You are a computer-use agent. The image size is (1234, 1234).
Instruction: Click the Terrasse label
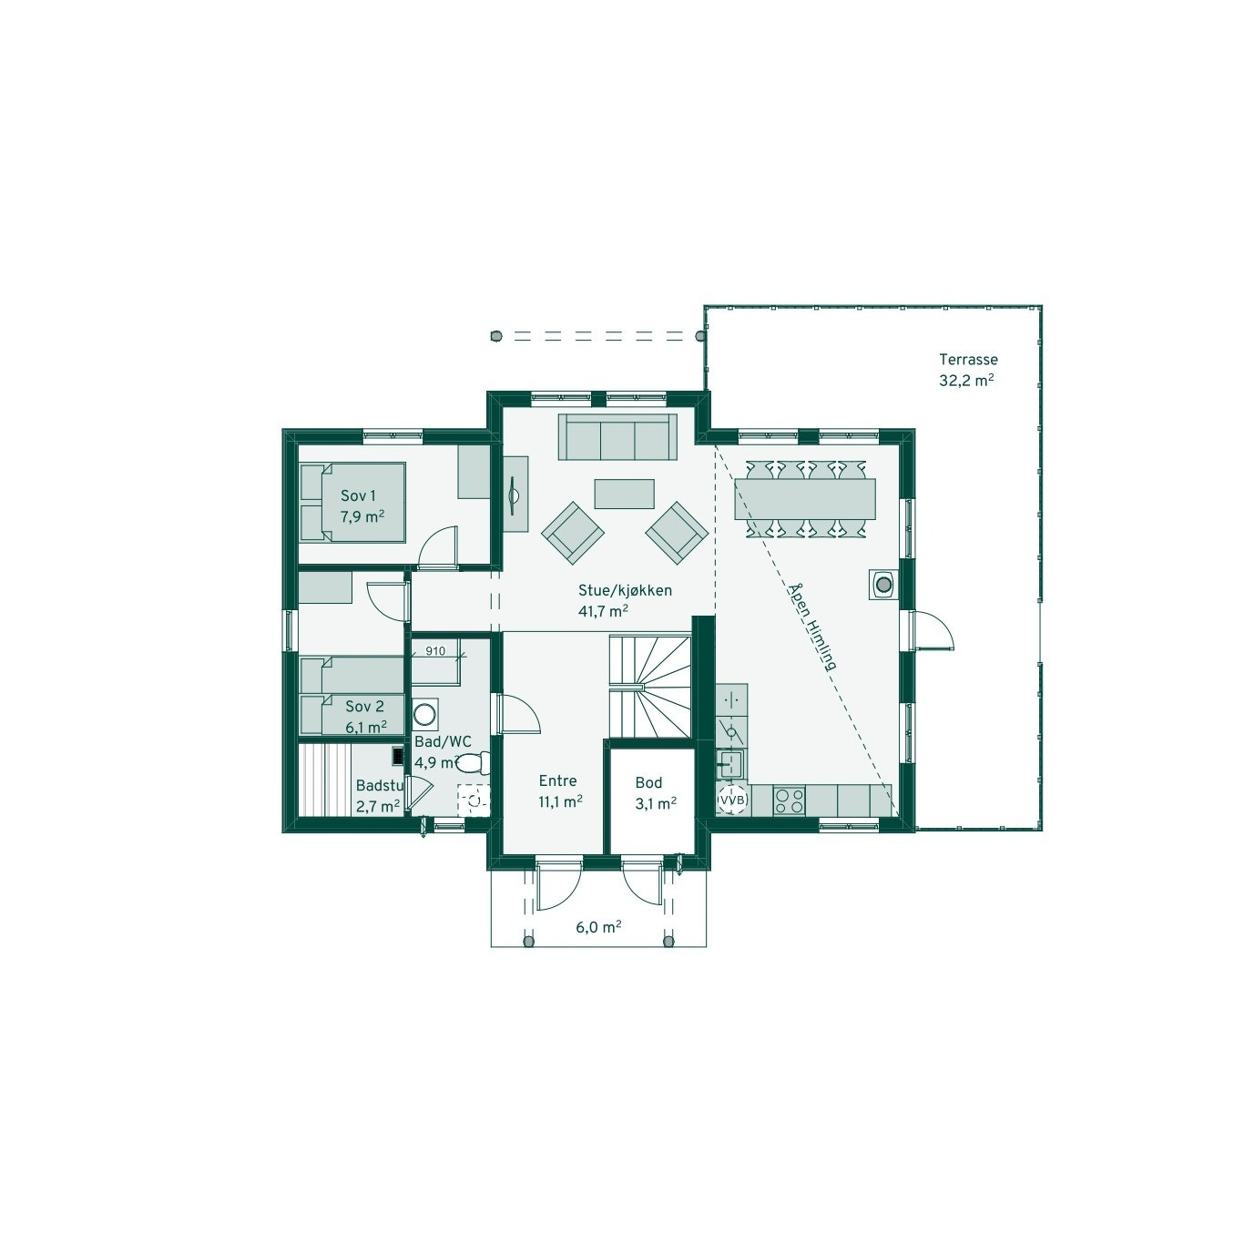coord(969,360)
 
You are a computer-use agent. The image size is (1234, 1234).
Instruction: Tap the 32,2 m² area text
coord(966,382)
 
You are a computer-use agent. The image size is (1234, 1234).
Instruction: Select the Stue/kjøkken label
coord(625,590)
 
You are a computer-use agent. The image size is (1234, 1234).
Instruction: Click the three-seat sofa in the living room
coord(617,438)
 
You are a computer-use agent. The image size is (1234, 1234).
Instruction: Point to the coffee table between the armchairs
coord(624,493)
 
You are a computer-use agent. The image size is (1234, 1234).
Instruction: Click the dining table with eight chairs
coord(805,499)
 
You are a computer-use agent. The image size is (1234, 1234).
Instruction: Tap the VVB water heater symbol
coord(732,800)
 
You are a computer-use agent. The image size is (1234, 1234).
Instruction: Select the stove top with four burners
coord(789,801)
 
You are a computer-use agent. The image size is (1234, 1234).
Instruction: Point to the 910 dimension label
coord(435,650)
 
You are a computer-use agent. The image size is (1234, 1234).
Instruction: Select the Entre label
coord(557,780)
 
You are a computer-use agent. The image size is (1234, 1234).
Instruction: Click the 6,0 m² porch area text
coord(598,927)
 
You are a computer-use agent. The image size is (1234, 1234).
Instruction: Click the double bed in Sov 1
coord(352,502)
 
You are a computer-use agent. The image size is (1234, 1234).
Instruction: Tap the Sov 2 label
coord(364,706)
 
